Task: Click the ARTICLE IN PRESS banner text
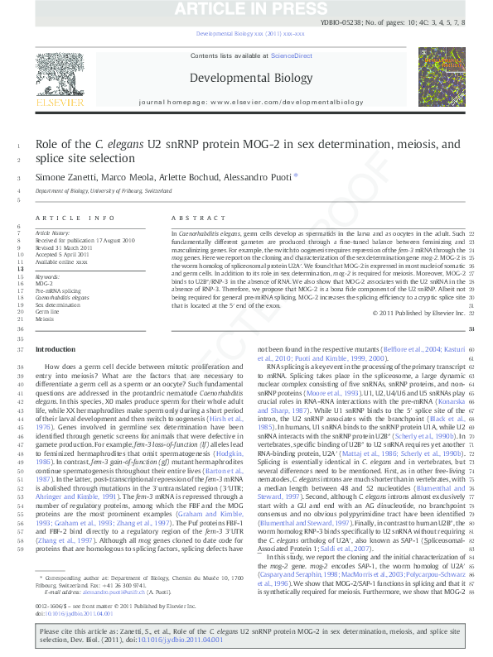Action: [246, 8]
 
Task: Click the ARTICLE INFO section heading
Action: [75, 218]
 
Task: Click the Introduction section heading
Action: [55, 350]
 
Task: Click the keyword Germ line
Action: [47, 312]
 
